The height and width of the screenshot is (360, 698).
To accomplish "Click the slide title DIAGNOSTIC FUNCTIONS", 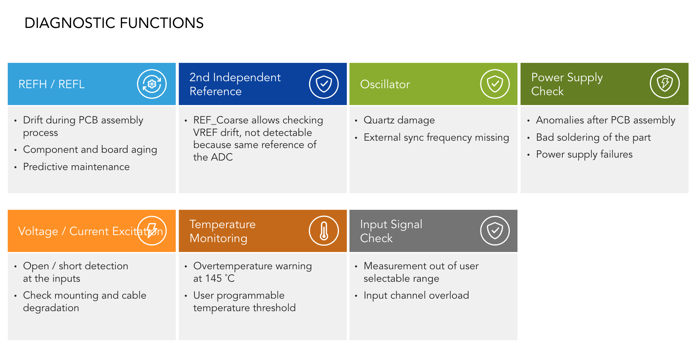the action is (114, 23).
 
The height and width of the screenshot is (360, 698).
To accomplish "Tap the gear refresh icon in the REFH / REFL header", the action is (152, 84).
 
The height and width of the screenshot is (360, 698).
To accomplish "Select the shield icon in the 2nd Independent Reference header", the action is (324, 84).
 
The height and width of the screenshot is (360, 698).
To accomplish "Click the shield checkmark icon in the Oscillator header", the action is (495, 84).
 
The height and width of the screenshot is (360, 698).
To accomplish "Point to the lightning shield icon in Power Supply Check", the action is (665, 83).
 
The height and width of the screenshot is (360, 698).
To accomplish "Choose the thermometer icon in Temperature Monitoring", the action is (324, 231).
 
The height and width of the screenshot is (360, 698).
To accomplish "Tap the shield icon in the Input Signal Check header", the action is (495, 231).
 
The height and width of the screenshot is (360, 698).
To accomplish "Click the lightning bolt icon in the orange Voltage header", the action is (152, 231).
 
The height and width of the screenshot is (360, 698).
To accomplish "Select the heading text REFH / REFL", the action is (51, 84).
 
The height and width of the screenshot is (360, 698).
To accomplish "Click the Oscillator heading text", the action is (385, 84).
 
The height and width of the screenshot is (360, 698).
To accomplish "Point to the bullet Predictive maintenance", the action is (76, 167).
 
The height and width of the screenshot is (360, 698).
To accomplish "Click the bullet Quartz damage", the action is (399, 120).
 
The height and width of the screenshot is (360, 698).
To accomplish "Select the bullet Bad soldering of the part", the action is (593, 137).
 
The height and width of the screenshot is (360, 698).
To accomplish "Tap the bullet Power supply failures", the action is (584, 154).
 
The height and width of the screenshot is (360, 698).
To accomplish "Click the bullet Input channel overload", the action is (416, 295).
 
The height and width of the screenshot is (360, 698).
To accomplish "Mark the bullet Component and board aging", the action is (90, 150).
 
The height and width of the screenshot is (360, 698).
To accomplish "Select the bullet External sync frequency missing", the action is (436, 137).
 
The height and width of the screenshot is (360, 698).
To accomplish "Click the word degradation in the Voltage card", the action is (51, 308).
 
